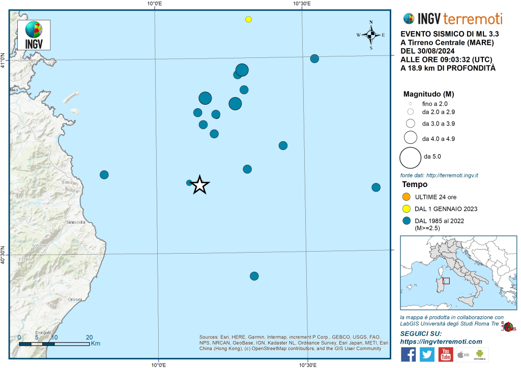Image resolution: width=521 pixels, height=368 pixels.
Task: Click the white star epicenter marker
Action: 200,186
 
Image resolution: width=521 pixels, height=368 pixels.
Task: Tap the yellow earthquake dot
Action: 248,19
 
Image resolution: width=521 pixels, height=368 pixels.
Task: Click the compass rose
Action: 371,35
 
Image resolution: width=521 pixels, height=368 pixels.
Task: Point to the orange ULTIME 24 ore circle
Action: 406,197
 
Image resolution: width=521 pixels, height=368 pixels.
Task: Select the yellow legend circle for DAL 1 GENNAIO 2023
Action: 406,208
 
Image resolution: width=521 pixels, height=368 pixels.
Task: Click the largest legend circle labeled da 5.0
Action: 410,157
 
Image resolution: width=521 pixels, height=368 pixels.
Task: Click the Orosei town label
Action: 75,300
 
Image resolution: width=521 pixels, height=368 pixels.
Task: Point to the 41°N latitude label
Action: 4,60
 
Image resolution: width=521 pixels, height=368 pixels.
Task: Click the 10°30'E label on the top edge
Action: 302,4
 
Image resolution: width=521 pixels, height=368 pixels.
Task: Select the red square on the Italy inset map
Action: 446,281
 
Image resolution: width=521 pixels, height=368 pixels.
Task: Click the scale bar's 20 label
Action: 89,337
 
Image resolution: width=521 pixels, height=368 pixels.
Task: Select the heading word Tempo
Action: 415,185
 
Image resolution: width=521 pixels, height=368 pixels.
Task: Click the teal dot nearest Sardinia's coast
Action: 104,175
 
